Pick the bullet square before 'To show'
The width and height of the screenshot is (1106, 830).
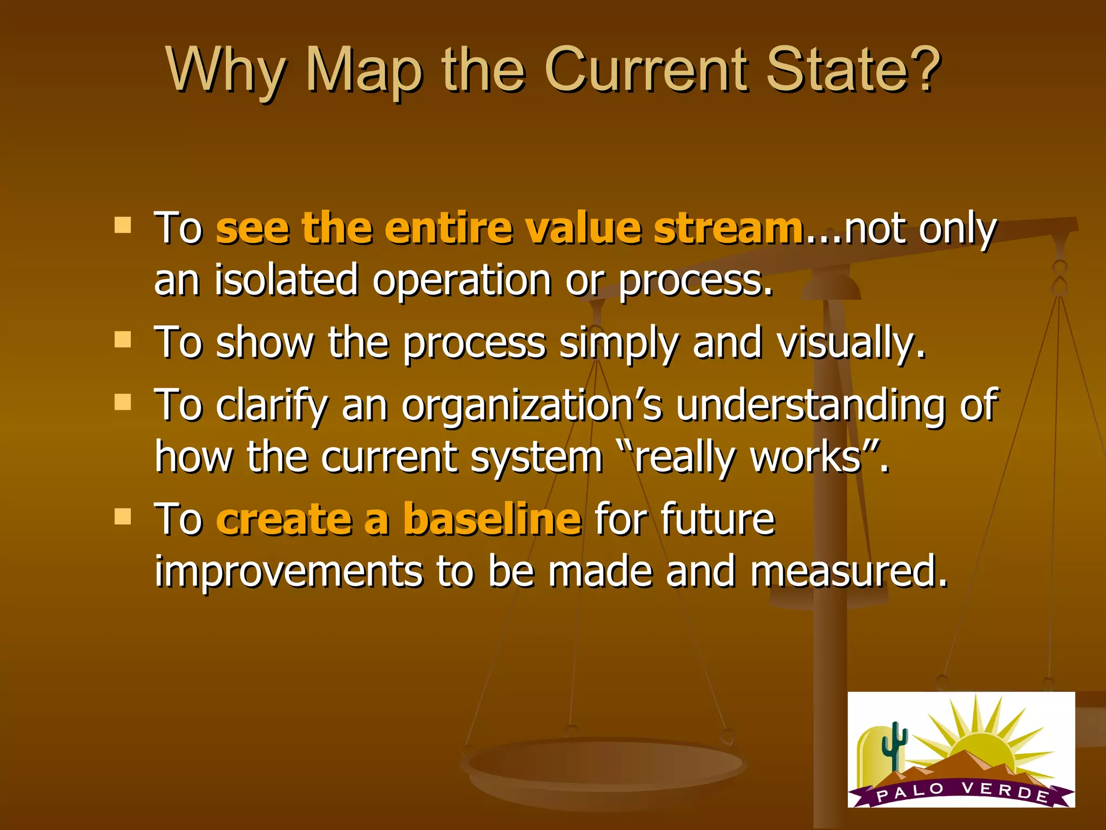(x=123, y=340)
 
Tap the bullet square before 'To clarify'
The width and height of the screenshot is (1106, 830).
(x=123, y=402)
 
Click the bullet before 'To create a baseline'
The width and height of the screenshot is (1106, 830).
(x=123, y=517)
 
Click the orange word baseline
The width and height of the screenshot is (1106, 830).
(x=493, y=519)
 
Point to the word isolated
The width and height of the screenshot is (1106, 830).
(x=286, y=280)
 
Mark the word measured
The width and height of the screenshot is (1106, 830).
(x=848, y=572)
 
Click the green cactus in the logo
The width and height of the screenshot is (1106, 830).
(x=894, y=746)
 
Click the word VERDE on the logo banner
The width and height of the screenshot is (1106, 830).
(x=1004, y=791)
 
